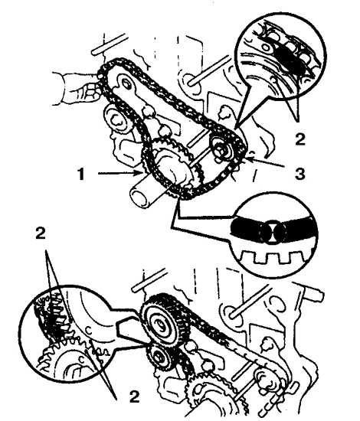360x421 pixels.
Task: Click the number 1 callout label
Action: [x=80, y=174]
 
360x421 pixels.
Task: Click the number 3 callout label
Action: [x=299, y=174]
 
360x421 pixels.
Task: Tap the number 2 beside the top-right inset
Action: [x=299, y=139]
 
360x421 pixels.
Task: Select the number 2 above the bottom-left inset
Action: [x=41, y=233]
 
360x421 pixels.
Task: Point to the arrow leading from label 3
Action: [x=265, y=163]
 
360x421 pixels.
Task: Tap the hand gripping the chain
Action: [x=78, y=89]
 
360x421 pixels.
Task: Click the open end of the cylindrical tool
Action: [x=139, y=197]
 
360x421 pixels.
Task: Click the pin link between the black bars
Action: [x=273, y=230]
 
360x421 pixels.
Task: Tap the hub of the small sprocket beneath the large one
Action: [x=159, y=357]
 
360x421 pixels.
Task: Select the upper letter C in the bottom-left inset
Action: [x=89, y=330]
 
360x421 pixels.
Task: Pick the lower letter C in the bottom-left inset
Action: [x=81, y=359]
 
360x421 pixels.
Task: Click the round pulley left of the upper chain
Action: [x=116, y=120]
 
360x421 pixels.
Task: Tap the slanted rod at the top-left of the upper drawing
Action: [x=109, y=44]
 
